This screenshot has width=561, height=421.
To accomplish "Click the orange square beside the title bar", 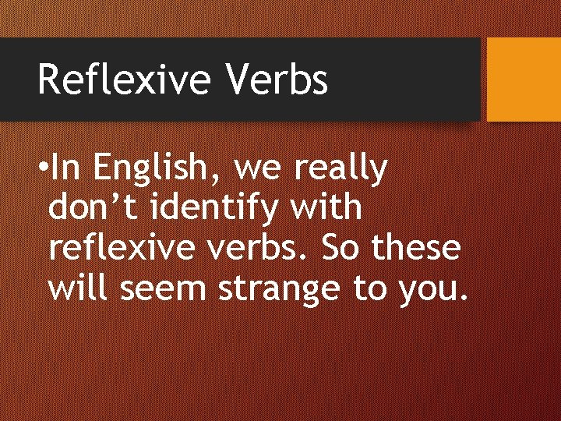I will (524, 80).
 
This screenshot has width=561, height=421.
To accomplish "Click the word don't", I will (93, 208).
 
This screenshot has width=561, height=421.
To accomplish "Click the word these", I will (416, 249).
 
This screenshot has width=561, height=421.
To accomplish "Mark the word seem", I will (164, 290).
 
